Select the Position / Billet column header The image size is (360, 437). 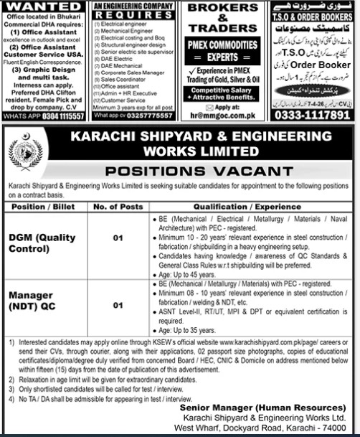click(42, 204)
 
